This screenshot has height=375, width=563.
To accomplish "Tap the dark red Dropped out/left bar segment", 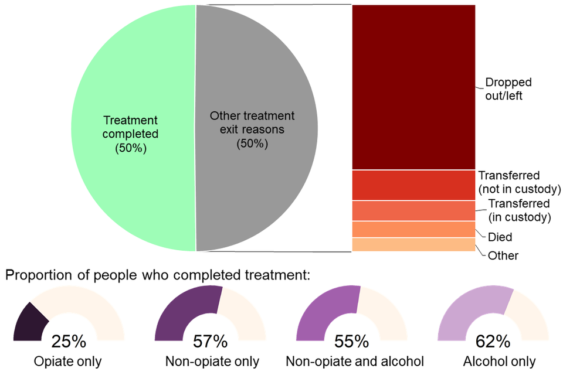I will click(x=413, y=87).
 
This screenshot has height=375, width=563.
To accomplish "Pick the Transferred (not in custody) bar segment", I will click(x=413, y=185).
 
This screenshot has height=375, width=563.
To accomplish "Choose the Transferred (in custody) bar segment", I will click(x=413, y=211).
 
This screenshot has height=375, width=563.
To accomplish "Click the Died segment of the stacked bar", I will click(x=413, y=230).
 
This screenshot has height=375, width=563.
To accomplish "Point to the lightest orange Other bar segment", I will click(x=413, y=244).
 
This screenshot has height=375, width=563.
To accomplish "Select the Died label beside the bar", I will click(x=500, y=237).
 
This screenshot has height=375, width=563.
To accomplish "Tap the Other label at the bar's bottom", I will click(x=503, y=255).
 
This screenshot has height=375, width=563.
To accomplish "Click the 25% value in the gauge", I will click(x=69, y=341).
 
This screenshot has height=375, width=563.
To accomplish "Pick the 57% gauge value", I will click(x=210, y=341).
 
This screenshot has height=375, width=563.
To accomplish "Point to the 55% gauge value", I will click(x=352, y=341).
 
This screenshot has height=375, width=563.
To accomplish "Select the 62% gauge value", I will click(x=494, y=341).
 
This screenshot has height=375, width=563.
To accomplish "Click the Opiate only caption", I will click(x=69, y=361).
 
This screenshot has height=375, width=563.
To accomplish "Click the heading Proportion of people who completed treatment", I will click(x=158, y=274).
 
